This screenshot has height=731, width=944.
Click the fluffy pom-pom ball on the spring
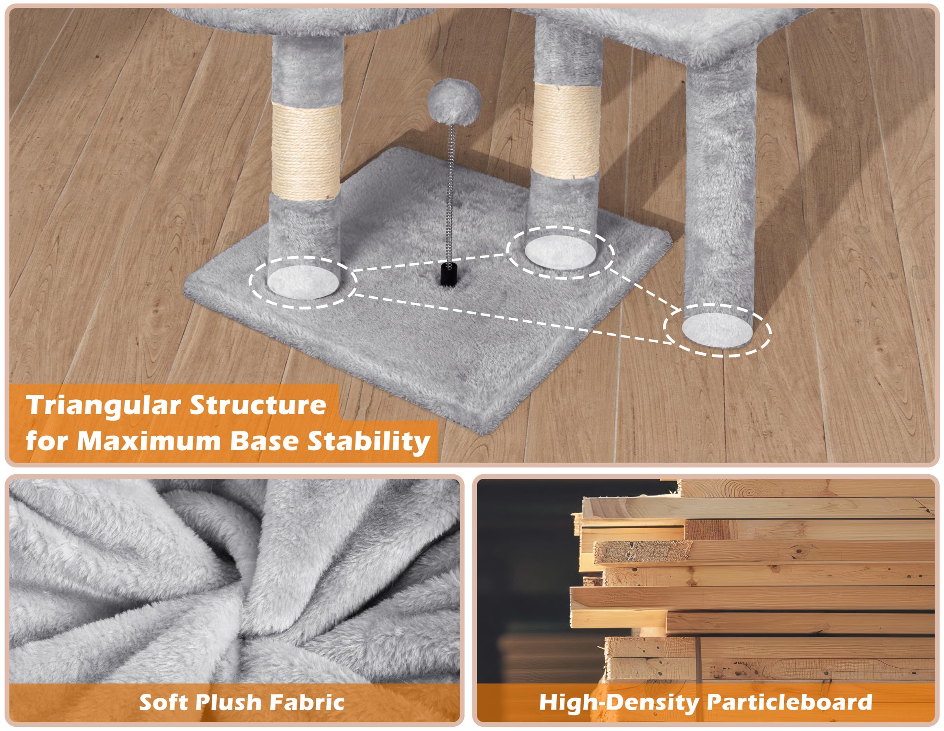point(454,102)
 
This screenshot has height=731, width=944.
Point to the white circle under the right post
point(717,330)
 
